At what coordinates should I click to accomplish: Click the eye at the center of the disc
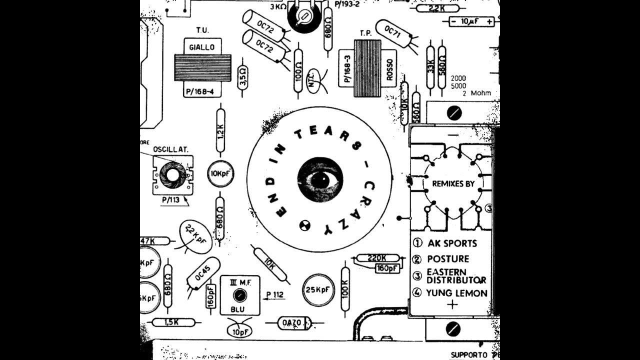click(x=320, y=179)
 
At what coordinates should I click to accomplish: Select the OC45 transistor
click(x=203, y=273)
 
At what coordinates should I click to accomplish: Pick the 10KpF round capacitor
click(x=220, y=174)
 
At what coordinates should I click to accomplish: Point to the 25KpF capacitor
click(x=318, y=289)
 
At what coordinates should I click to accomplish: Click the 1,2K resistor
click(x=220, y=130)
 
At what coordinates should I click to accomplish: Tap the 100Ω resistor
click(x=298, y=70)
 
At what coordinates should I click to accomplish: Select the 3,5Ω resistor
click(x=242, y=77)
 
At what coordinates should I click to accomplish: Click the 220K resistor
click(x=377, y=258)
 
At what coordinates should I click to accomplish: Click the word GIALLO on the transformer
click(x=202, y=47)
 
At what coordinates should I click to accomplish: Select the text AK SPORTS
click(x=452, y=243)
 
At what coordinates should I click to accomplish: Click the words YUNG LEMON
click(x=456, y=293)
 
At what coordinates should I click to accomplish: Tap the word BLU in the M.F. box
click(x=237, y=309)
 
